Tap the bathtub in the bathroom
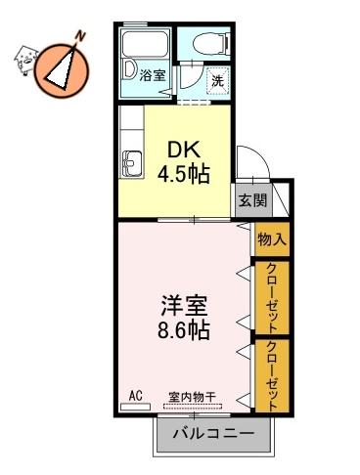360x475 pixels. tap(145, 43)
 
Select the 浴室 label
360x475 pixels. tap(153, 75)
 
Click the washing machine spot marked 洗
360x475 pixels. tap(218, 81)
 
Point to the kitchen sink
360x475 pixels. tap(132, 164)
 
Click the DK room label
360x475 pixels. tap(183, 151)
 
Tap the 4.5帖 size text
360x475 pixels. tap(183, 175)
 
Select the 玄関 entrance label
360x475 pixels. tap(253, 200)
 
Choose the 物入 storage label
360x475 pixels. tap(272, 240)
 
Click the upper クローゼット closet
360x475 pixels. tap(272, 297)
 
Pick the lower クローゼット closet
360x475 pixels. tap(272, 375)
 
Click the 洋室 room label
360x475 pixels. tap(184, 306)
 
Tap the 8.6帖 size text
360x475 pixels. tap(183, 331)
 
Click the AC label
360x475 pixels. tap(135, 396)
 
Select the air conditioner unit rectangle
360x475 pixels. tap(135, 407)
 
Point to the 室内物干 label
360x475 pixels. tap(192, 397)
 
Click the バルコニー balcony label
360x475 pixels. tap(213, 433)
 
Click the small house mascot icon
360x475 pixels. tap(25, 60)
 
